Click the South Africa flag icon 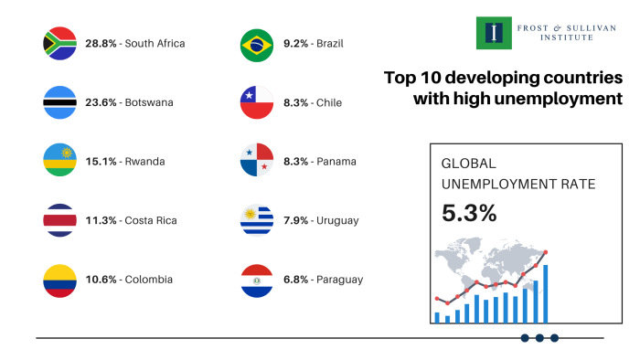[59, 44]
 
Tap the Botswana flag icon [59, 102]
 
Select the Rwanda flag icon [59, 162]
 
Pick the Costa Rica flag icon [59, 220]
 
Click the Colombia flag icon [59, 280]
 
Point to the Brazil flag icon [257, 44]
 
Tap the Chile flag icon [257, 102]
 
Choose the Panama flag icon [257, 162]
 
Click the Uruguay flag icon [257, 220]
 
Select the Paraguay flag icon [257, 280]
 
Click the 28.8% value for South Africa [101, 44]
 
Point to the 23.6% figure [101, 102]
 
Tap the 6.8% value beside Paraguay [294, 280]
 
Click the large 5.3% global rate [469, 213]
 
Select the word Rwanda [145, 162]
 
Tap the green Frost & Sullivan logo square [495, 33]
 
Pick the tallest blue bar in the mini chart [546, 293]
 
